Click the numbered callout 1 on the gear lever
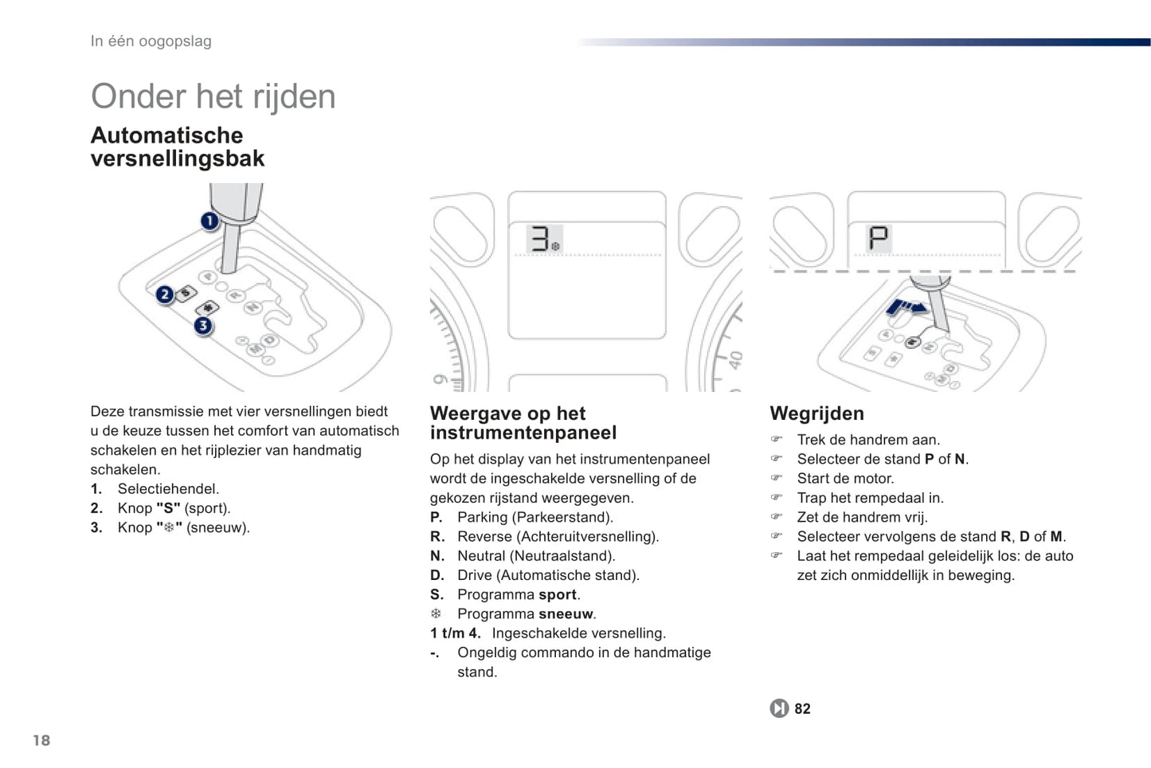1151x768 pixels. point(209,221)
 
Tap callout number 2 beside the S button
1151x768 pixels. point(165,295)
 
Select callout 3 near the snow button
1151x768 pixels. point(203,326)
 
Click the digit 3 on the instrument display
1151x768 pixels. point(539,239)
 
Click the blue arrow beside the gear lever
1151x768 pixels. point(906,308)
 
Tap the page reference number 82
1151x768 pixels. point(803,709)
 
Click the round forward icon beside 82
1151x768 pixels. point(779,708)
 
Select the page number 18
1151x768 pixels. point(41,740)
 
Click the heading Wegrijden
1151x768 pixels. point(817,413)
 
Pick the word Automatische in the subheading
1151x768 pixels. point(166,135)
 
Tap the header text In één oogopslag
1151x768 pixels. point(151,41)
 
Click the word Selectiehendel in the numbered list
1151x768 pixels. point(168,489)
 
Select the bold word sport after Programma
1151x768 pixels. point(558,595)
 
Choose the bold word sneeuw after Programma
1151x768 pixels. point(566,613)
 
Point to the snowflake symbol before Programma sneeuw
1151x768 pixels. point(437,613)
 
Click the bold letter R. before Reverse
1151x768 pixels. point(437,537)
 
